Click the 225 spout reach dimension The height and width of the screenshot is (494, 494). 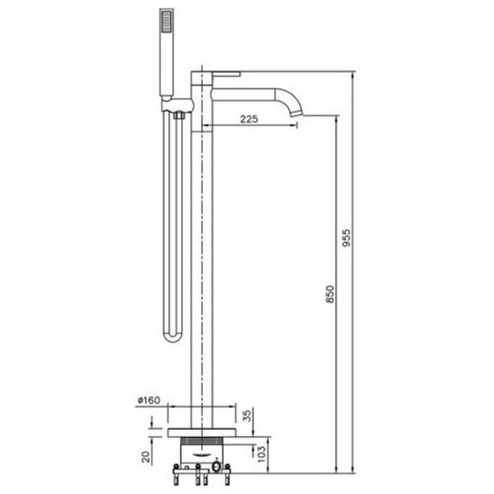coord(249,119)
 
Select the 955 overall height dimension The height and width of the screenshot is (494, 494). coord(346,238)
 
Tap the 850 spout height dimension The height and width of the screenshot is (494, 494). coord(330,294)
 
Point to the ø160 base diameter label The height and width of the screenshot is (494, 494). coord(149,400)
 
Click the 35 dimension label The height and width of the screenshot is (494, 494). coord(248,416)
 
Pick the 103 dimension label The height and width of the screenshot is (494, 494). coord(261,453)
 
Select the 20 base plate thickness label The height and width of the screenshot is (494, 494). coord(145,457)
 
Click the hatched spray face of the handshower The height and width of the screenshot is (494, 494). coord(167,21)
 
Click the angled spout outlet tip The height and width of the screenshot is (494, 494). coord(297,113)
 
